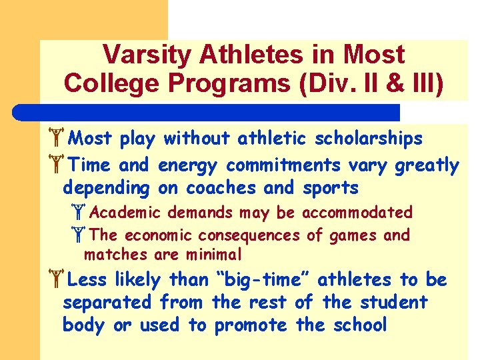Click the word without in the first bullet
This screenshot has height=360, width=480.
(197, 139)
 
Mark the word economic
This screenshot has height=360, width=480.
(157, 235)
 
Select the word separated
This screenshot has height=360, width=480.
(107, 302)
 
